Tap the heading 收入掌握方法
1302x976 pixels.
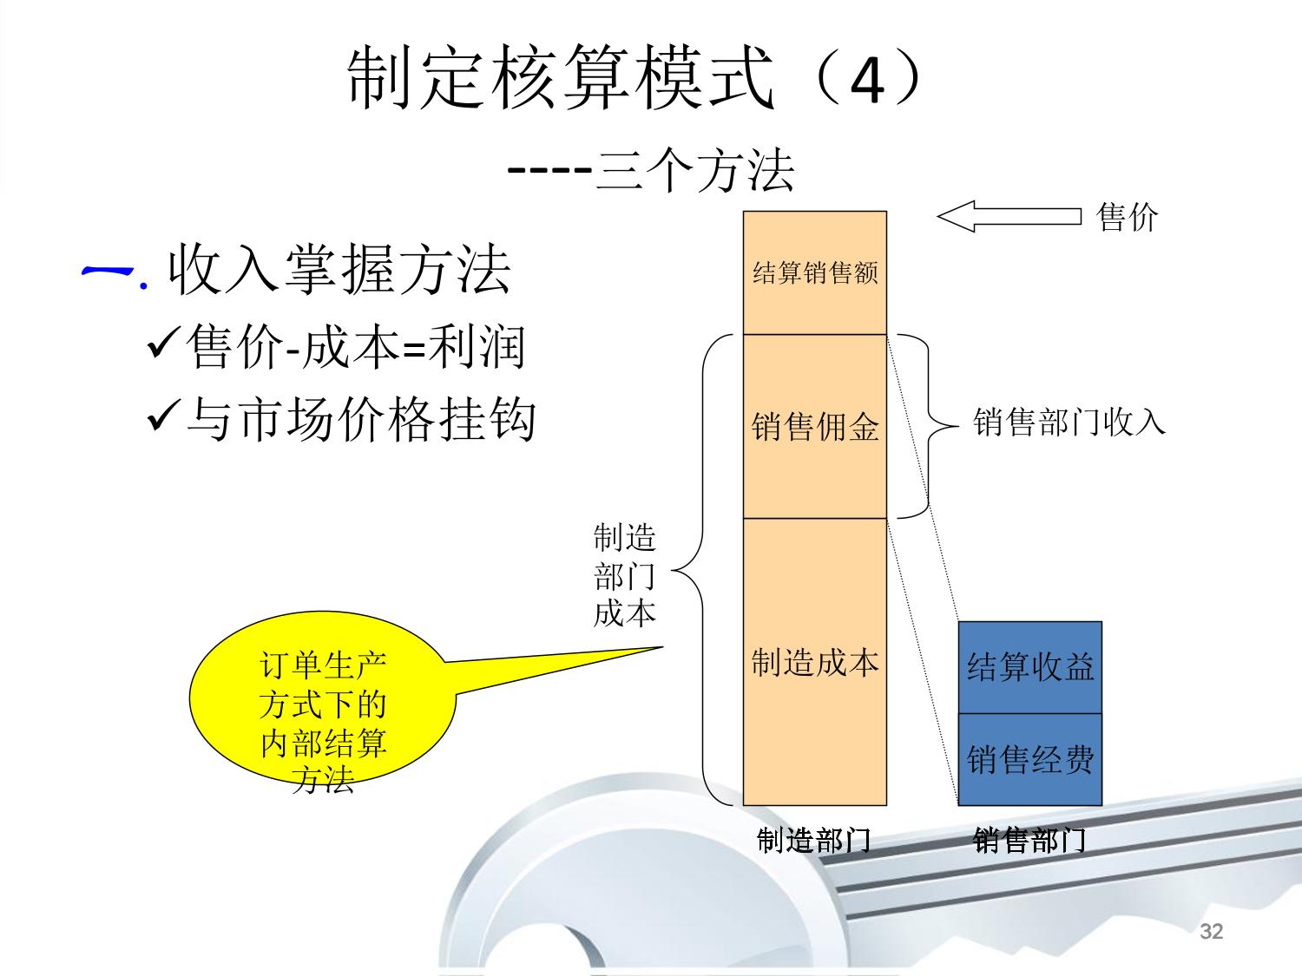click(x=339, y=269)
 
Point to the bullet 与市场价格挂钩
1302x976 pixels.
click(x=361, y=419)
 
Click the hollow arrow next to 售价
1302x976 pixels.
click(x=1009, y=217)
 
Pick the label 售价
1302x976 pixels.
click(x=1127, y=217)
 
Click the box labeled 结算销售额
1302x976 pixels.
click(x=815, y=272)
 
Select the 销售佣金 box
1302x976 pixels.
click(x=815, y=426)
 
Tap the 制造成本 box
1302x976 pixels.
click(x=815, y=662)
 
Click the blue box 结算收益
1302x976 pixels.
click(x=1029, y=667)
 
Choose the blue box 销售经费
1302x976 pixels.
click(x=1029, y=760)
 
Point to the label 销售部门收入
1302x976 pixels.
click(x=1069, y=422)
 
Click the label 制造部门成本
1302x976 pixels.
click(x=624, y=575)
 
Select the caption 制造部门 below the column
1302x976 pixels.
click(x=813, y=840)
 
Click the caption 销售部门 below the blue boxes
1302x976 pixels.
click(x=1029, y=840)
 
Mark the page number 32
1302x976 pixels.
click(x=1211, y=932)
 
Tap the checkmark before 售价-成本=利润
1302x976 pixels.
click(x=163, y=346)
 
